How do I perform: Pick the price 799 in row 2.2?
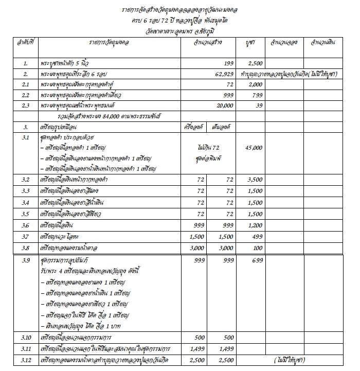pyautogui.click(x=255, y=96)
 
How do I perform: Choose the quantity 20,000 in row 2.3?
pyautogui.click(x=224, y=106)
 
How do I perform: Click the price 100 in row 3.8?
pyautogui.click(x=255, y=248)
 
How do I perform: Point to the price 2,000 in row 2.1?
pyautogui.click(x=255, y=85)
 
